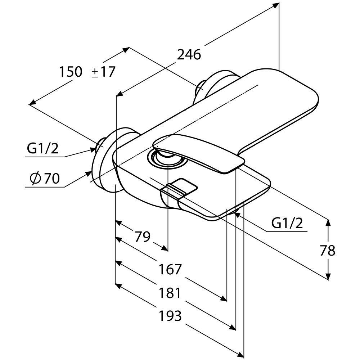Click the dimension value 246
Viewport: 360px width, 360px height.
(189, 55)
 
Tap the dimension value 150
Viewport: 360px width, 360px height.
(71, 72)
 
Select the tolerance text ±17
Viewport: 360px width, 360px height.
(103, 72)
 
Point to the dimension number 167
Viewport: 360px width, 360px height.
(170, 269)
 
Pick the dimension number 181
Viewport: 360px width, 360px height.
(170, 293)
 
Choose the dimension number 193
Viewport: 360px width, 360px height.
(170, 316)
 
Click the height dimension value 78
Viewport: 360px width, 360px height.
(327, 251)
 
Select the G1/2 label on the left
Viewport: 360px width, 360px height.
(42, 149)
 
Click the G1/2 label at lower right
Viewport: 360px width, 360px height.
(287, 224)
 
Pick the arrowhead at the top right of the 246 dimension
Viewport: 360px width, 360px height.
(276, 5)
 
